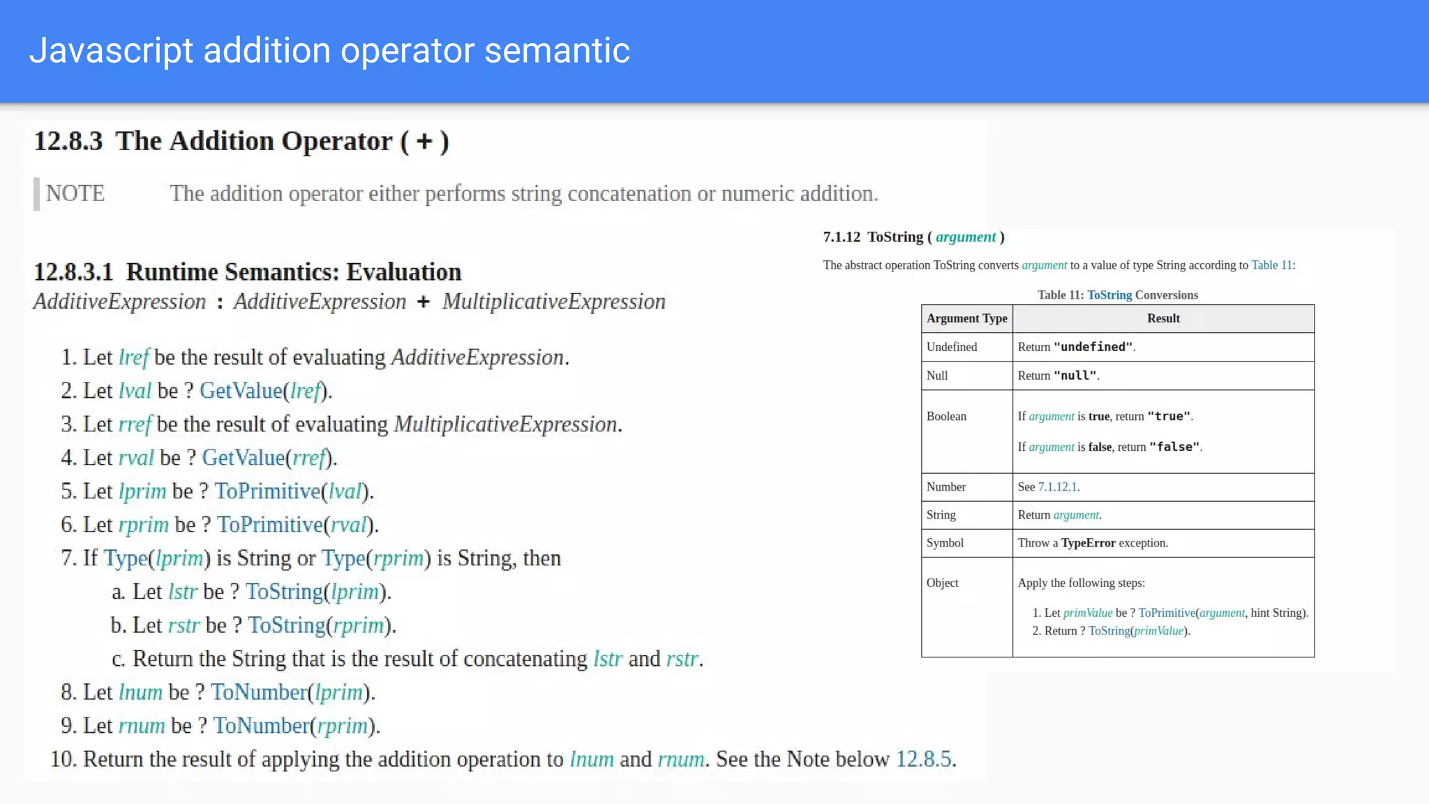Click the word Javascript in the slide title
(x=111, y=51)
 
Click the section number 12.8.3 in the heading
(x=68, y=141)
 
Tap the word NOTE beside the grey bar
(x=75, y=193)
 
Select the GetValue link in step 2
(x=241, y=391)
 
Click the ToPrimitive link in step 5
(x=267, y=491)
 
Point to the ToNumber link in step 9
(x=261, y=726)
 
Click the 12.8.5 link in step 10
(x=923, y=759)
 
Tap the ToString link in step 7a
(x=284, y=592)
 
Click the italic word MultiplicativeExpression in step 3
(x=505, y=424)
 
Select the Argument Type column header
(x=966, y=318)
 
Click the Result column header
(x=1163, y=318)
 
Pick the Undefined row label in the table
(x=952, y=347)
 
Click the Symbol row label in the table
(x=945, y=543)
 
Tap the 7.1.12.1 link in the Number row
(x=1057, y=487)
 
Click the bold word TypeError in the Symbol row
(x=1088, y=543)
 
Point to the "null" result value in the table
(x=1075, y=375)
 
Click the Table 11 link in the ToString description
(x=1271, y=265)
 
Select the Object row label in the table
(x=942, y=583)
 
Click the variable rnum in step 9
(x=142, y=726)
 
